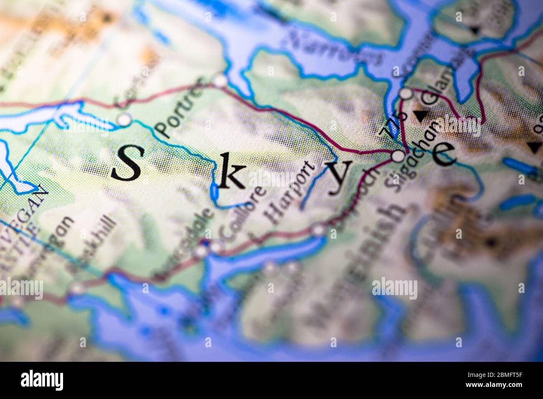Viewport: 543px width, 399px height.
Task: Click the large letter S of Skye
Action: pos(126,163)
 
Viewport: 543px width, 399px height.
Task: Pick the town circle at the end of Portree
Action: pos(220,80)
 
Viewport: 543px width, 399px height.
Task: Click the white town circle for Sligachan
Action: pos(398,157)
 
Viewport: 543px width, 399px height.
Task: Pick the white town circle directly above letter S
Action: pos(124,120)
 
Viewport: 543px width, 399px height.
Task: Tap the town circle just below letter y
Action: pos(319,230)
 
